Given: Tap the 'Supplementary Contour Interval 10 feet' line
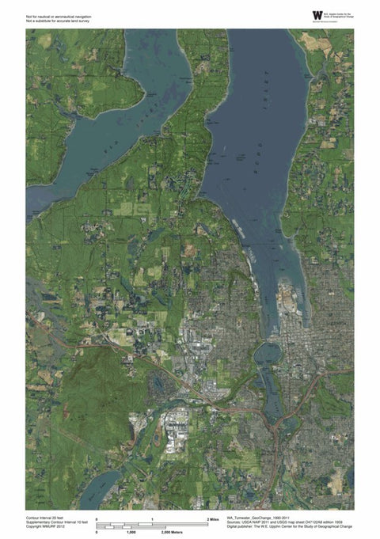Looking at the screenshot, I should tap(59, 520).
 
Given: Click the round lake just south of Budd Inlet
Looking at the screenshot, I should tap(270, 352).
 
